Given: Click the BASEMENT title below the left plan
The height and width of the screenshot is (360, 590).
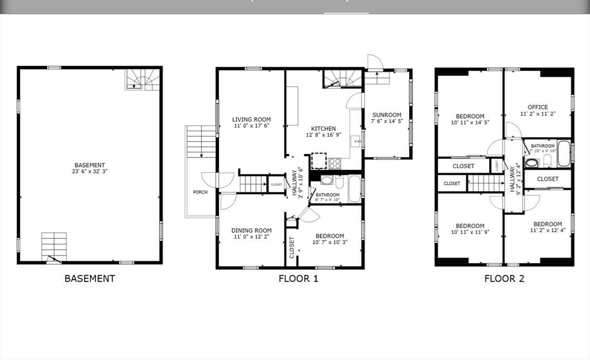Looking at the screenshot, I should (x=90, y=279).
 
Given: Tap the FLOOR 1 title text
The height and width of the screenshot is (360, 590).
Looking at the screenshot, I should (x=298, y=279).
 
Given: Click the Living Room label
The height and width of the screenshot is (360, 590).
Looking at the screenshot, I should (x=252, y=120).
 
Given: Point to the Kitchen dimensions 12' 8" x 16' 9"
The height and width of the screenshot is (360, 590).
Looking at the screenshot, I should (x=323, y=135).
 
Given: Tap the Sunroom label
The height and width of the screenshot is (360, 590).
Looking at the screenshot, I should (x=387, y=115).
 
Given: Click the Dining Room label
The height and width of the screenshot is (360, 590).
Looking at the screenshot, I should (x=252, y=230).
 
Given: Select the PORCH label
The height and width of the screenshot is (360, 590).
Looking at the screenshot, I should (x=200, y=192).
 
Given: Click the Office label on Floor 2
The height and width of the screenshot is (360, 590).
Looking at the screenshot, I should (x=538, y=107).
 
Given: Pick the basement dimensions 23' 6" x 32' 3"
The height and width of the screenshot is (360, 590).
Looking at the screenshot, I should (x=89, y=172).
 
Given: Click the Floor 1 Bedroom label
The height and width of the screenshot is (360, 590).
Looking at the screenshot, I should (x=328, y=236).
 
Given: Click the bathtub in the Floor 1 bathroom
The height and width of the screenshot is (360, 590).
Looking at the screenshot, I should (x=354, y=189).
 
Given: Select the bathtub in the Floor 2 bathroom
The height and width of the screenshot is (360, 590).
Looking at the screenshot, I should (x=564, y=153).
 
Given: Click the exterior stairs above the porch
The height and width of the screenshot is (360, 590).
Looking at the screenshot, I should (x=201, y=142).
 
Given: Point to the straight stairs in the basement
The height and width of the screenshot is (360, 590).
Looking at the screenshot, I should (x=54, y=244).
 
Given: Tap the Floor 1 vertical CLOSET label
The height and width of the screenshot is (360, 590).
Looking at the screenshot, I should (x=292, y=248).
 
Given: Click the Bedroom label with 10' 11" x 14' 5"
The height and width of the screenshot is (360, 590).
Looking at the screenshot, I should (x=470, y=116).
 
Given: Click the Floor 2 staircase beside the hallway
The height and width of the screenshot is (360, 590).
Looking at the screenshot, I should (x=486, y=183).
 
